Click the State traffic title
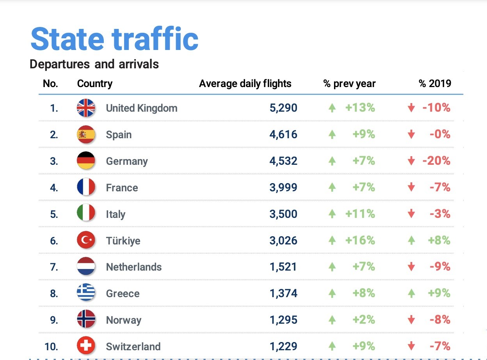(114, 39)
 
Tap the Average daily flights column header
(245, 84)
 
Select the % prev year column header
(350, 84)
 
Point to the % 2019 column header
(435, 84)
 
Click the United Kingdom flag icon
(86, 108)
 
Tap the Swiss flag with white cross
(86, 346)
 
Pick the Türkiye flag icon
(86, 241)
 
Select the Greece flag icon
(86, 293)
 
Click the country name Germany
(127, 161)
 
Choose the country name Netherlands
(134, 267)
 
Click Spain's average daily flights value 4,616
(283, 135)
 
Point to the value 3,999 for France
(283, 188)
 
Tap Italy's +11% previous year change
(360, 214)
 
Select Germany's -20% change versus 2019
(436, 161)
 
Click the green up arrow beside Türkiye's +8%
(411, 241)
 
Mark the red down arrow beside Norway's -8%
(411, 321)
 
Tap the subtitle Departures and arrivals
(94, 64)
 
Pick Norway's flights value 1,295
(283, 320)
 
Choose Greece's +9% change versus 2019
(439, 293)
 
